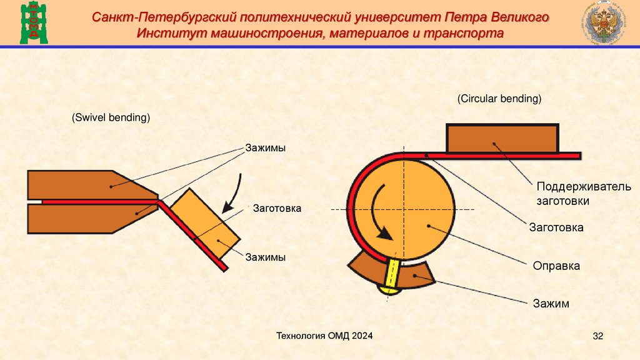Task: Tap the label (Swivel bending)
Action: coord(111,117)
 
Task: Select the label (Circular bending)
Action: coord(499,99)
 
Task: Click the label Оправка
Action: coord(556,266)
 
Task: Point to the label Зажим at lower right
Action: coord(551,304)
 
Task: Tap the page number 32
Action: coord(597,337)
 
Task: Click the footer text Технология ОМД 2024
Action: coord(325,336)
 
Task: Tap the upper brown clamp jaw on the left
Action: coord(87,185)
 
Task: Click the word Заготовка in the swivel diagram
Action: coord(277,208)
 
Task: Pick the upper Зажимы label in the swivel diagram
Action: coord(265,148)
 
